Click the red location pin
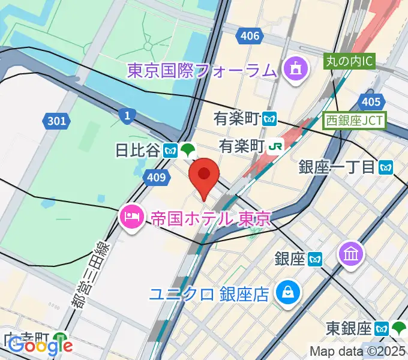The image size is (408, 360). click(204, 175)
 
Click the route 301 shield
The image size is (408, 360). click(56, 121)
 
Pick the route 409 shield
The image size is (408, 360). click(155, 176)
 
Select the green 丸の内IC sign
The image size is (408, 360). click(350, 61)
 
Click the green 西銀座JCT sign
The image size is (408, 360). click(355, 119)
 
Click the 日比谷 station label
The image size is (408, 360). click(137, 150)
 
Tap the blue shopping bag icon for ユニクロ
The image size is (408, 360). click(288, 293)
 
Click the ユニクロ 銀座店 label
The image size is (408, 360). click(209, 293)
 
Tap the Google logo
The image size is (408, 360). click(40, 346)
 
